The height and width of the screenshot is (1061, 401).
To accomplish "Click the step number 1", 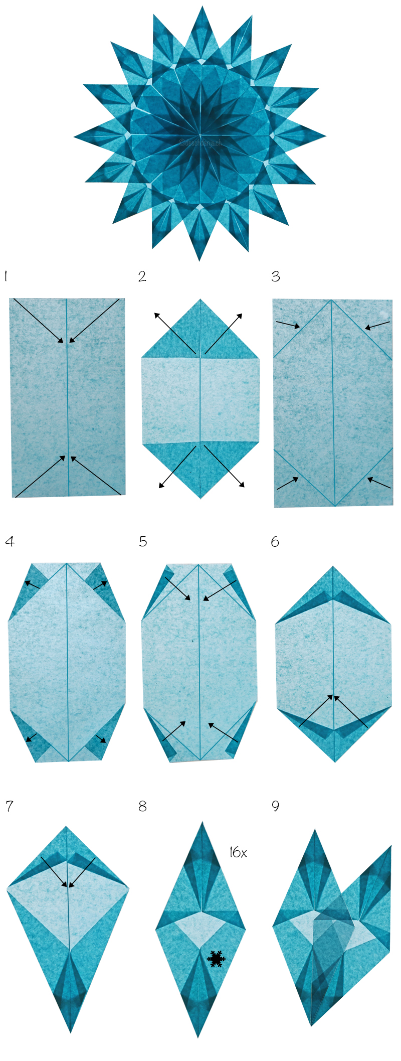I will pos(6,276).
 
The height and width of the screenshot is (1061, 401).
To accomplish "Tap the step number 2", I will pos(142,276).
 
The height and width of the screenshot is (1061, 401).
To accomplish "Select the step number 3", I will pos(276,276).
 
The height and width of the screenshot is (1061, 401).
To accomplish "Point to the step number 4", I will pos(10,541).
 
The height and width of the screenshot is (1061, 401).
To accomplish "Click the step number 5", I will pos(143,541).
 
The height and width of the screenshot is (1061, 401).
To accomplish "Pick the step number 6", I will pos(275,541).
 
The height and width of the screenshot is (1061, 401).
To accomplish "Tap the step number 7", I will pos(9,806).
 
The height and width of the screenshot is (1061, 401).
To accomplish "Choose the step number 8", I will pos(143,806).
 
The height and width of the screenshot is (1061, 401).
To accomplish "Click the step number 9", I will pos(275,806).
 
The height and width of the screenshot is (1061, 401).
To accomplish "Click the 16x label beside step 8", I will pos(238,852).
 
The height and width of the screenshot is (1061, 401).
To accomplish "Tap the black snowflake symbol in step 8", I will pos(216,958).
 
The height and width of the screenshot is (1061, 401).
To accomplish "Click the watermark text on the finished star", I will pos(200,143).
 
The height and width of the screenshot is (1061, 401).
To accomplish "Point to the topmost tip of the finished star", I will pos(203,8).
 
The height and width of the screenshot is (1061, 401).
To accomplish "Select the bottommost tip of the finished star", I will pos(199,260).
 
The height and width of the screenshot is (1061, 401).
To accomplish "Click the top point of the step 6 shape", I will pos(333,567).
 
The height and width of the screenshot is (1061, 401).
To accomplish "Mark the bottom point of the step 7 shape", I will pos(71,1031).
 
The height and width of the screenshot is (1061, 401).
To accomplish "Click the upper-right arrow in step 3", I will pos(377,326).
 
